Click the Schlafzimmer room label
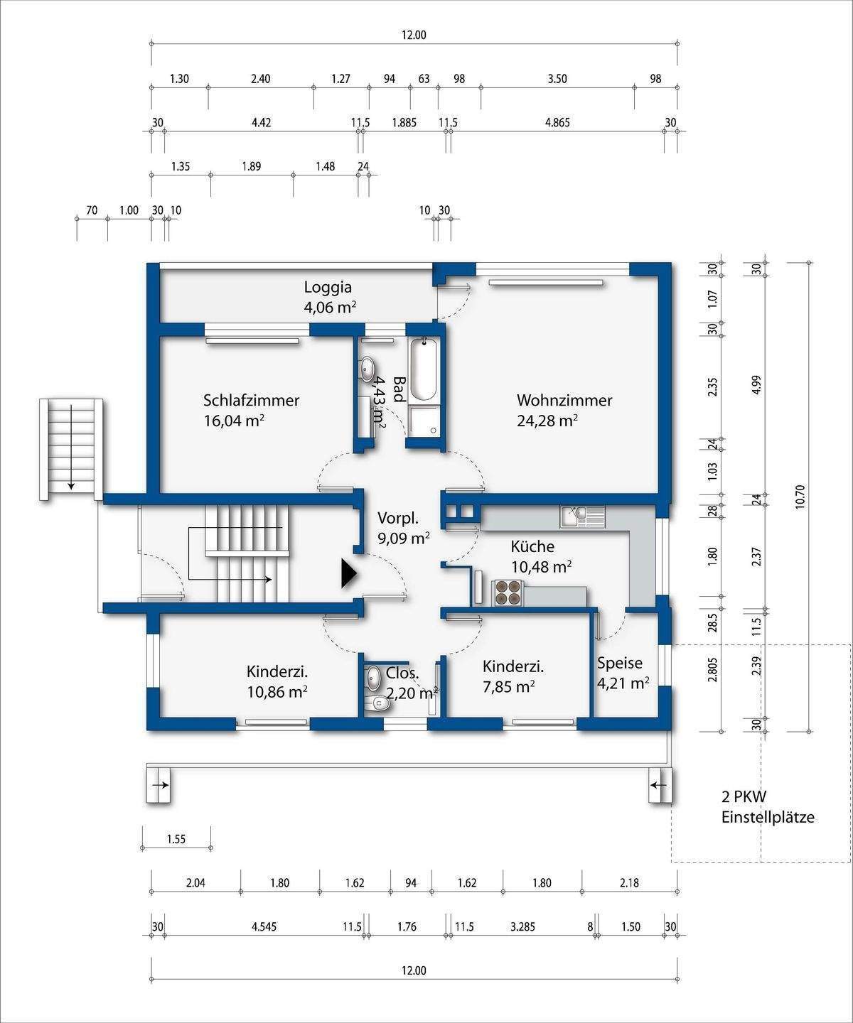251,400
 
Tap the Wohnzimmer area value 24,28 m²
547,421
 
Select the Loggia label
328,287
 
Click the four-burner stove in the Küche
508,592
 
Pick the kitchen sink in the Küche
582,517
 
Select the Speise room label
620,664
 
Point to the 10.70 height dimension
800,497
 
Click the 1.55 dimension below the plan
176,839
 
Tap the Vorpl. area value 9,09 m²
404,538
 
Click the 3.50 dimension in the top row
557,79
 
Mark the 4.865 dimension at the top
558,122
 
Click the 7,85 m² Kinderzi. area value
509,687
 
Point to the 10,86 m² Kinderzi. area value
277,692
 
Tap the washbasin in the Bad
367,369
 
